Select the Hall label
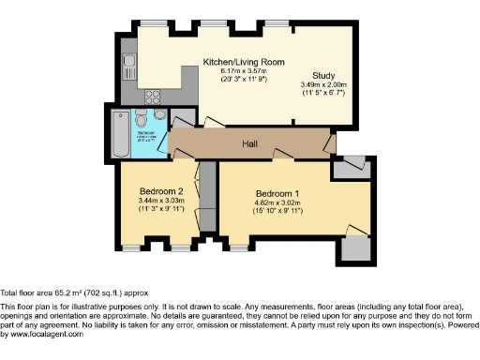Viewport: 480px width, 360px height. point(250,143)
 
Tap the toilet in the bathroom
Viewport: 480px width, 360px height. point(140,119)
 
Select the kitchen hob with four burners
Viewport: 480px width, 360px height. point(154,96)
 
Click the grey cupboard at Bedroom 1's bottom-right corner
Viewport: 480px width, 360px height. point(357,247)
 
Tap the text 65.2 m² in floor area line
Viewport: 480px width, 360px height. point(60,292)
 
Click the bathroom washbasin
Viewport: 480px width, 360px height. point(161,115)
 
